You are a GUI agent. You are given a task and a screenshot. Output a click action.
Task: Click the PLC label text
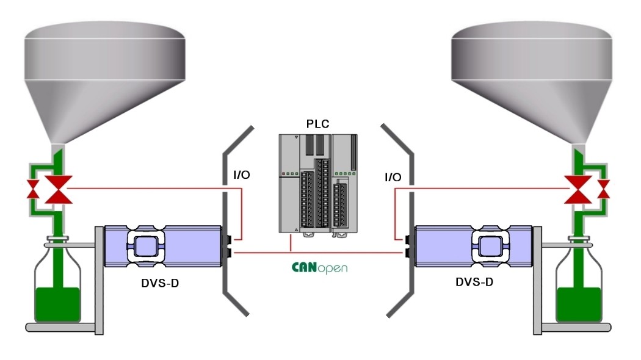click(x=317, y=124)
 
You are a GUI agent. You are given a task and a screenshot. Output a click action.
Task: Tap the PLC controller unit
click(x=317, y=183)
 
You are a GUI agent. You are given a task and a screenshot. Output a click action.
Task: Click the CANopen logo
click(x=319, y=267)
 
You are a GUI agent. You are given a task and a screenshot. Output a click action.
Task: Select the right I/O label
click(x=393, y=177)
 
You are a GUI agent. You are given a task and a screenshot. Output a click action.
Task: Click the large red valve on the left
click(x=59, y=190)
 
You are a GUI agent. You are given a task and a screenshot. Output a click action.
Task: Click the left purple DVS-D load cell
click(x=162, y=246)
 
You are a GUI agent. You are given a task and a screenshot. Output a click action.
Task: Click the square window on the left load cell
click(x=145, y=247)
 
